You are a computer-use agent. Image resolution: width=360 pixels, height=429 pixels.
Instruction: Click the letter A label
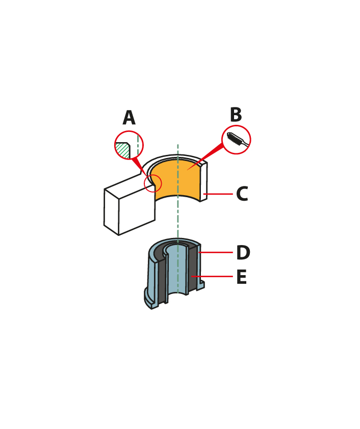129,117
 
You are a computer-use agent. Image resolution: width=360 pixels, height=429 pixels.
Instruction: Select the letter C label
242,194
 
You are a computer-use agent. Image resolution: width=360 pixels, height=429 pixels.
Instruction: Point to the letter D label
243,252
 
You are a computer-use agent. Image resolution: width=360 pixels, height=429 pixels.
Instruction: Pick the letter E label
242,276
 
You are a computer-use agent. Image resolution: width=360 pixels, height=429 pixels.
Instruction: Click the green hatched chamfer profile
122,150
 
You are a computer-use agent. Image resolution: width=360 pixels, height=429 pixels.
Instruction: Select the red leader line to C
218,194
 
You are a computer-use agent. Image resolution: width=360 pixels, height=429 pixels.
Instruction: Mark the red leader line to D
216,252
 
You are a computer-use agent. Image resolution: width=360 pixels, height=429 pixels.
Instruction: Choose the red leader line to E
212,276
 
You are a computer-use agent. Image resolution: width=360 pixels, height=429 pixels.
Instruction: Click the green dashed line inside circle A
138,145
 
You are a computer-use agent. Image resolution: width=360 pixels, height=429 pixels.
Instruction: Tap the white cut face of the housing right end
203,182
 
